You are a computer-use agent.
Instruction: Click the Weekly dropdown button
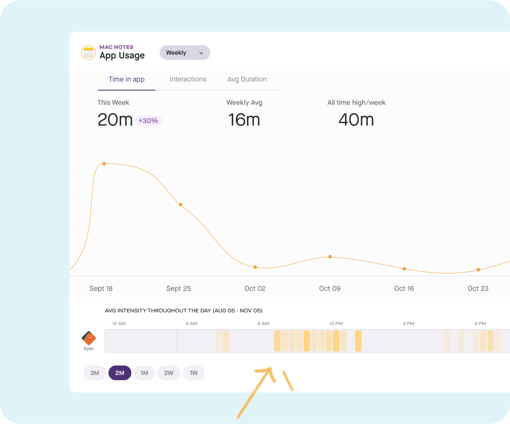point(185,53)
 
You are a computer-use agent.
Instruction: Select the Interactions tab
point(188,79)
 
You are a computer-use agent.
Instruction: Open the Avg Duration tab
point(247,79)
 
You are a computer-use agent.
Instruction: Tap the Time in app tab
point(126,79)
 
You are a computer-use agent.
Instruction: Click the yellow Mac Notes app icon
point(89,52)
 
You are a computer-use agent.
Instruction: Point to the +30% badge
point(148,121)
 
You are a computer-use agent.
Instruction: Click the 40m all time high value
point(356,120)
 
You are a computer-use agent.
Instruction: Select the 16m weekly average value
point(244,120)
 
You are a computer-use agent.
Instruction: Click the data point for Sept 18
point(104,164)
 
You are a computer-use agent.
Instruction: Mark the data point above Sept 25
point(180,205)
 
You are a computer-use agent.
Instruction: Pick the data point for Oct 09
point(330,257)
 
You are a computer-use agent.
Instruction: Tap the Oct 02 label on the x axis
point(255,289)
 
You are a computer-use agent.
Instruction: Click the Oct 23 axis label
point(478,289)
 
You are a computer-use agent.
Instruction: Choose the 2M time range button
point(120,373)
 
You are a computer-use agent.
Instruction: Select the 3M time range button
point(95,373)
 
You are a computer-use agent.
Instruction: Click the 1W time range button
point(194,373)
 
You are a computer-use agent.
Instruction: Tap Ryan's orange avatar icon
point(89,338)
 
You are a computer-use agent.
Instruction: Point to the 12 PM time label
point(336,324)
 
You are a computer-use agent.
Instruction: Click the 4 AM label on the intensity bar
point(191,324)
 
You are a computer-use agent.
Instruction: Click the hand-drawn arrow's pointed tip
point(271,369)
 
